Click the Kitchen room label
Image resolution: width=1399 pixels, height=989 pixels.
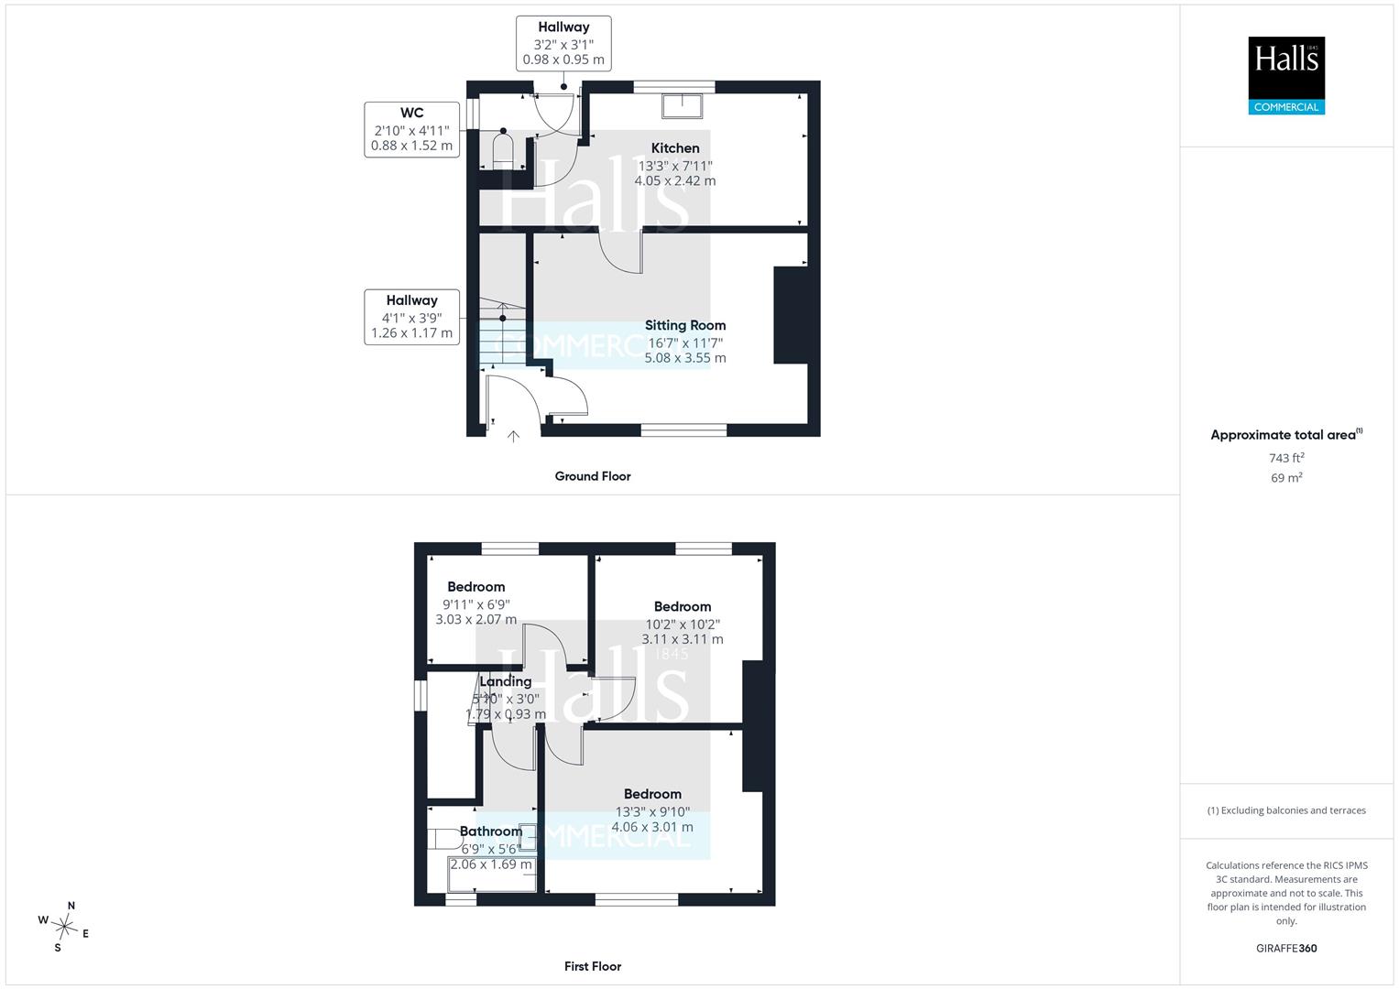click(675, 148)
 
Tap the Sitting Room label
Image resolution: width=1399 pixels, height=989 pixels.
click(685, 325)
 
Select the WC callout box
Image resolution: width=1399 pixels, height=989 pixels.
click(411, 129)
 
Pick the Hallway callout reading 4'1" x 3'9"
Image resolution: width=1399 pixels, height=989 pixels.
click(411, 317)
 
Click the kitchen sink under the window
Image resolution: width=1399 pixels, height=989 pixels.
click(682, 106)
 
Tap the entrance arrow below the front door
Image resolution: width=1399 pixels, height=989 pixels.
click(513, 437)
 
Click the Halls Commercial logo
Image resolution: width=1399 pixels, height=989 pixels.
click(1286, 75)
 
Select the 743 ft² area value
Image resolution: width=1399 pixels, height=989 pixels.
click(1286, 458)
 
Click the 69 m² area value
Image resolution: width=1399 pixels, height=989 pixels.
click(1286, 478)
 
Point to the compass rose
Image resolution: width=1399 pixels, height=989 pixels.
click(64, 927)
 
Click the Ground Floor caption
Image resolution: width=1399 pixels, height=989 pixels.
click(593, 476)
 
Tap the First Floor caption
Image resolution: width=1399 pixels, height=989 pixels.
click(593, 966)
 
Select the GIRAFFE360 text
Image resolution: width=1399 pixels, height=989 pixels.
click(1286, 949)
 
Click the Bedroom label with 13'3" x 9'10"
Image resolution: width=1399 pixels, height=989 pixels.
click(652, 794)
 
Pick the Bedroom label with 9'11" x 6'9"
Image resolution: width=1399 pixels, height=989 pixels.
click(475, 587)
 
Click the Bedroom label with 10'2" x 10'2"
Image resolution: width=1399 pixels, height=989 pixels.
click(683, 607)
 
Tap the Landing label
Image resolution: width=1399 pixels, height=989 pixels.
click(505, 682)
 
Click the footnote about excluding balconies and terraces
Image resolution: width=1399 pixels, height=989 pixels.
click(1286, 810)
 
